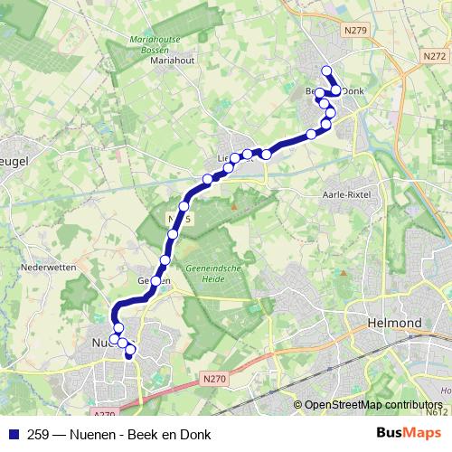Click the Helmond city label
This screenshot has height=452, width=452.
coord(395,323)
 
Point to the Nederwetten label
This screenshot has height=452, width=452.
coord(45,268)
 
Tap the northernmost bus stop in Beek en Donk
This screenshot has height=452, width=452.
coord(326,71)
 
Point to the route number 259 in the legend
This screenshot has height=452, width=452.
coord(39,433)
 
